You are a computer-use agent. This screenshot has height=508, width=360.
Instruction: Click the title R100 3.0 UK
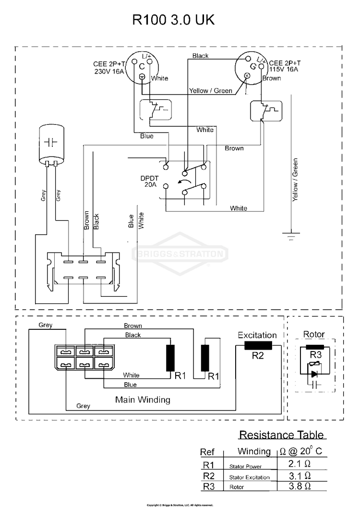173,21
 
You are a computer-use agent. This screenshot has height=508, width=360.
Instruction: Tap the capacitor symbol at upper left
51,142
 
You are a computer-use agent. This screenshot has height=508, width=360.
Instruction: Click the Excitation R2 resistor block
258,346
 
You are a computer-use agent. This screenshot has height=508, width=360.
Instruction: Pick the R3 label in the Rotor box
315,355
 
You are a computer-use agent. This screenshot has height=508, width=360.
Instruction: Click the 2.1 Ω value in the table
300,464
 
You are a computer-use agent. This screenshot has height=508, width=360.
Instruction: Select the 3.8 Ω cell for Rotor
300,486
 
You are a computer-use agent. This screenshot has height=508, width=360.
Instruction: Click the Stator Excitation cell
249,477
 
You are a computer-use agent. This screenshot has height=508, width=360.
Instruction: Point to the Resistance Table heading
282,435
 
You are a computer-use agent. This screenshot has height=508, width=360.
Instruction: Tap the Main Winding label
143,399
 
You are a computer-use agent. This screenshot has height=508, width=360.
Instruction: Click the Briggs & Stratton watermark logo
180,254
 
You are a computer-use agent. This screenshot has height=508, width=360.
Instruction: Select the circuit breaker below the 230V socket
154,109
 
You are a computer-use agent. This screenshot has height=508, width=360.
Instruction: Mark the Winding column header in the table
254,451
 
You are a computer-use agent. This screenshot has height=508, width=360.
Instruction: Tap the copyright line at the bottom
180,505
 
